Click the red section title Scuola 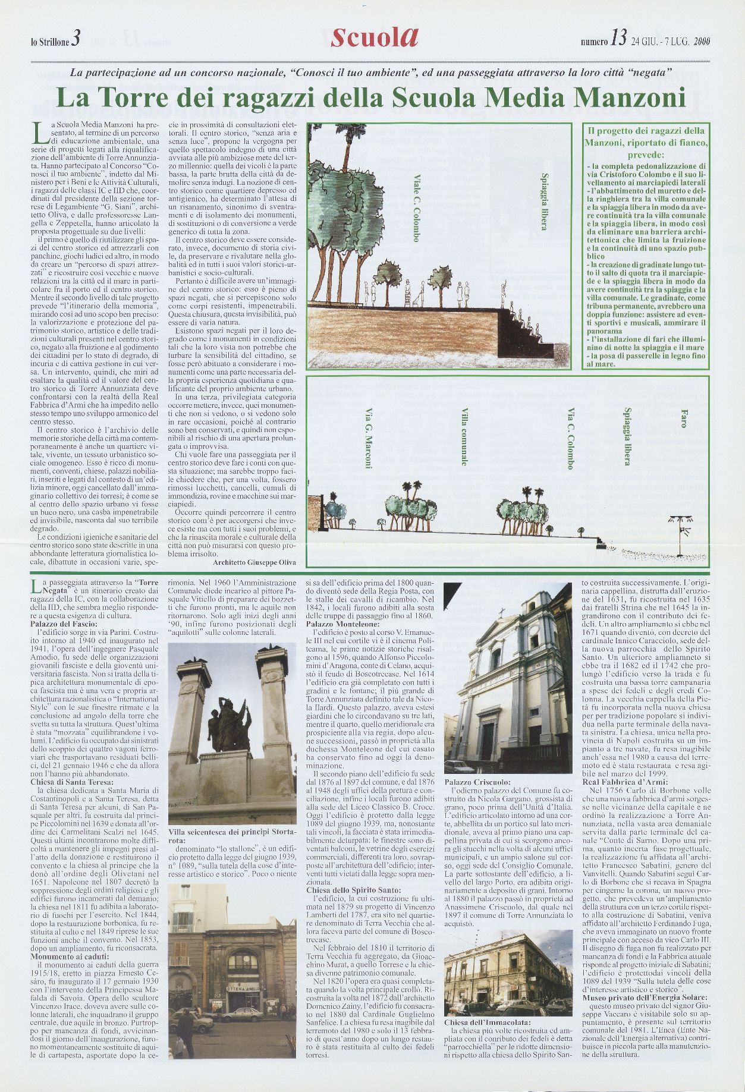(x=374, y=39)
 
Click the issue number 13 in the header (x=617, y=40)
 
